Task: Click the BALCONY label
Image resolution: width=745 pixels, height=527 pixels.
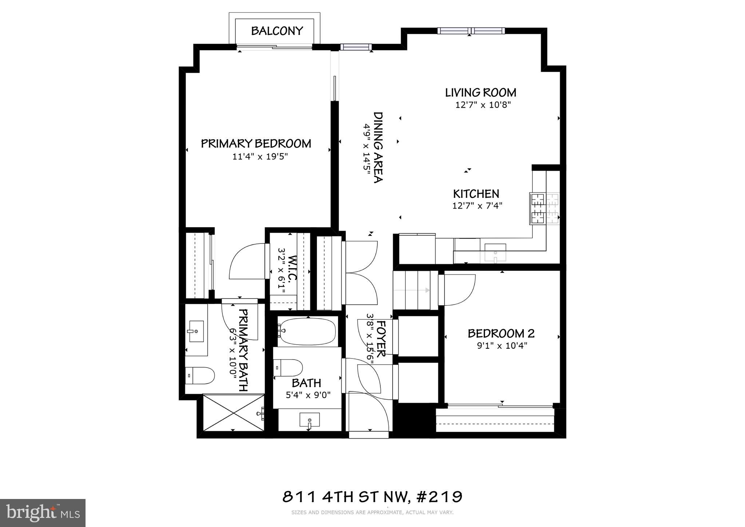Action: point(277,31)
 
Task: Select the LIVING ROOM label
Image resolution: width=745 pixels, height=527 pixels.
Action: point(480,92)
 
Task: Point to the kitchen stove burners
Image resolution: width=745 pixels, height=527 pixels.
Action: point(544,208)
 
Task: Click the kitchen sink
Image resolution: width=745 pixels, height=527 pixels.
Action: point(495,253)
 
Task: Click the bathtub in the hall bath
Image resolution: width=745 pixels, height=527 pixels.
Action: point(308,331)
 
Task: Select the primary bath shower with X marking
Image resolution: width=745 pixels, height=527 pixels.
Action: point(233,412)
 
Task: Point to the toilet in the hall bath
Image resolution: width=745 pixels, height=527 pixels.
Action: point(288,368)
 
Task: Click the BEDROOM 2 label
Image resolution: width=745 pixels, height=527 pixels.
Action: point(501,333)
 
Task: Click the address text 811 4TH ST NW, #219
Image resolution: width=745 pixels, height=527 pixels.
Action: point(372,496)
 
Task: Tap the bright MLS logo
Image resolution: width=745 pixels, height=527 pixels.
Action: point(43,513)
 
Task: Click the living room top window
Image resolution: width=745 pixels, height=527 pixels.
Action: point(471,31)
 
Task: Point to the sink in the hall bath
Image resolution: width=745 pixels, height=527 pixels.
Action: point(309,420)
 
